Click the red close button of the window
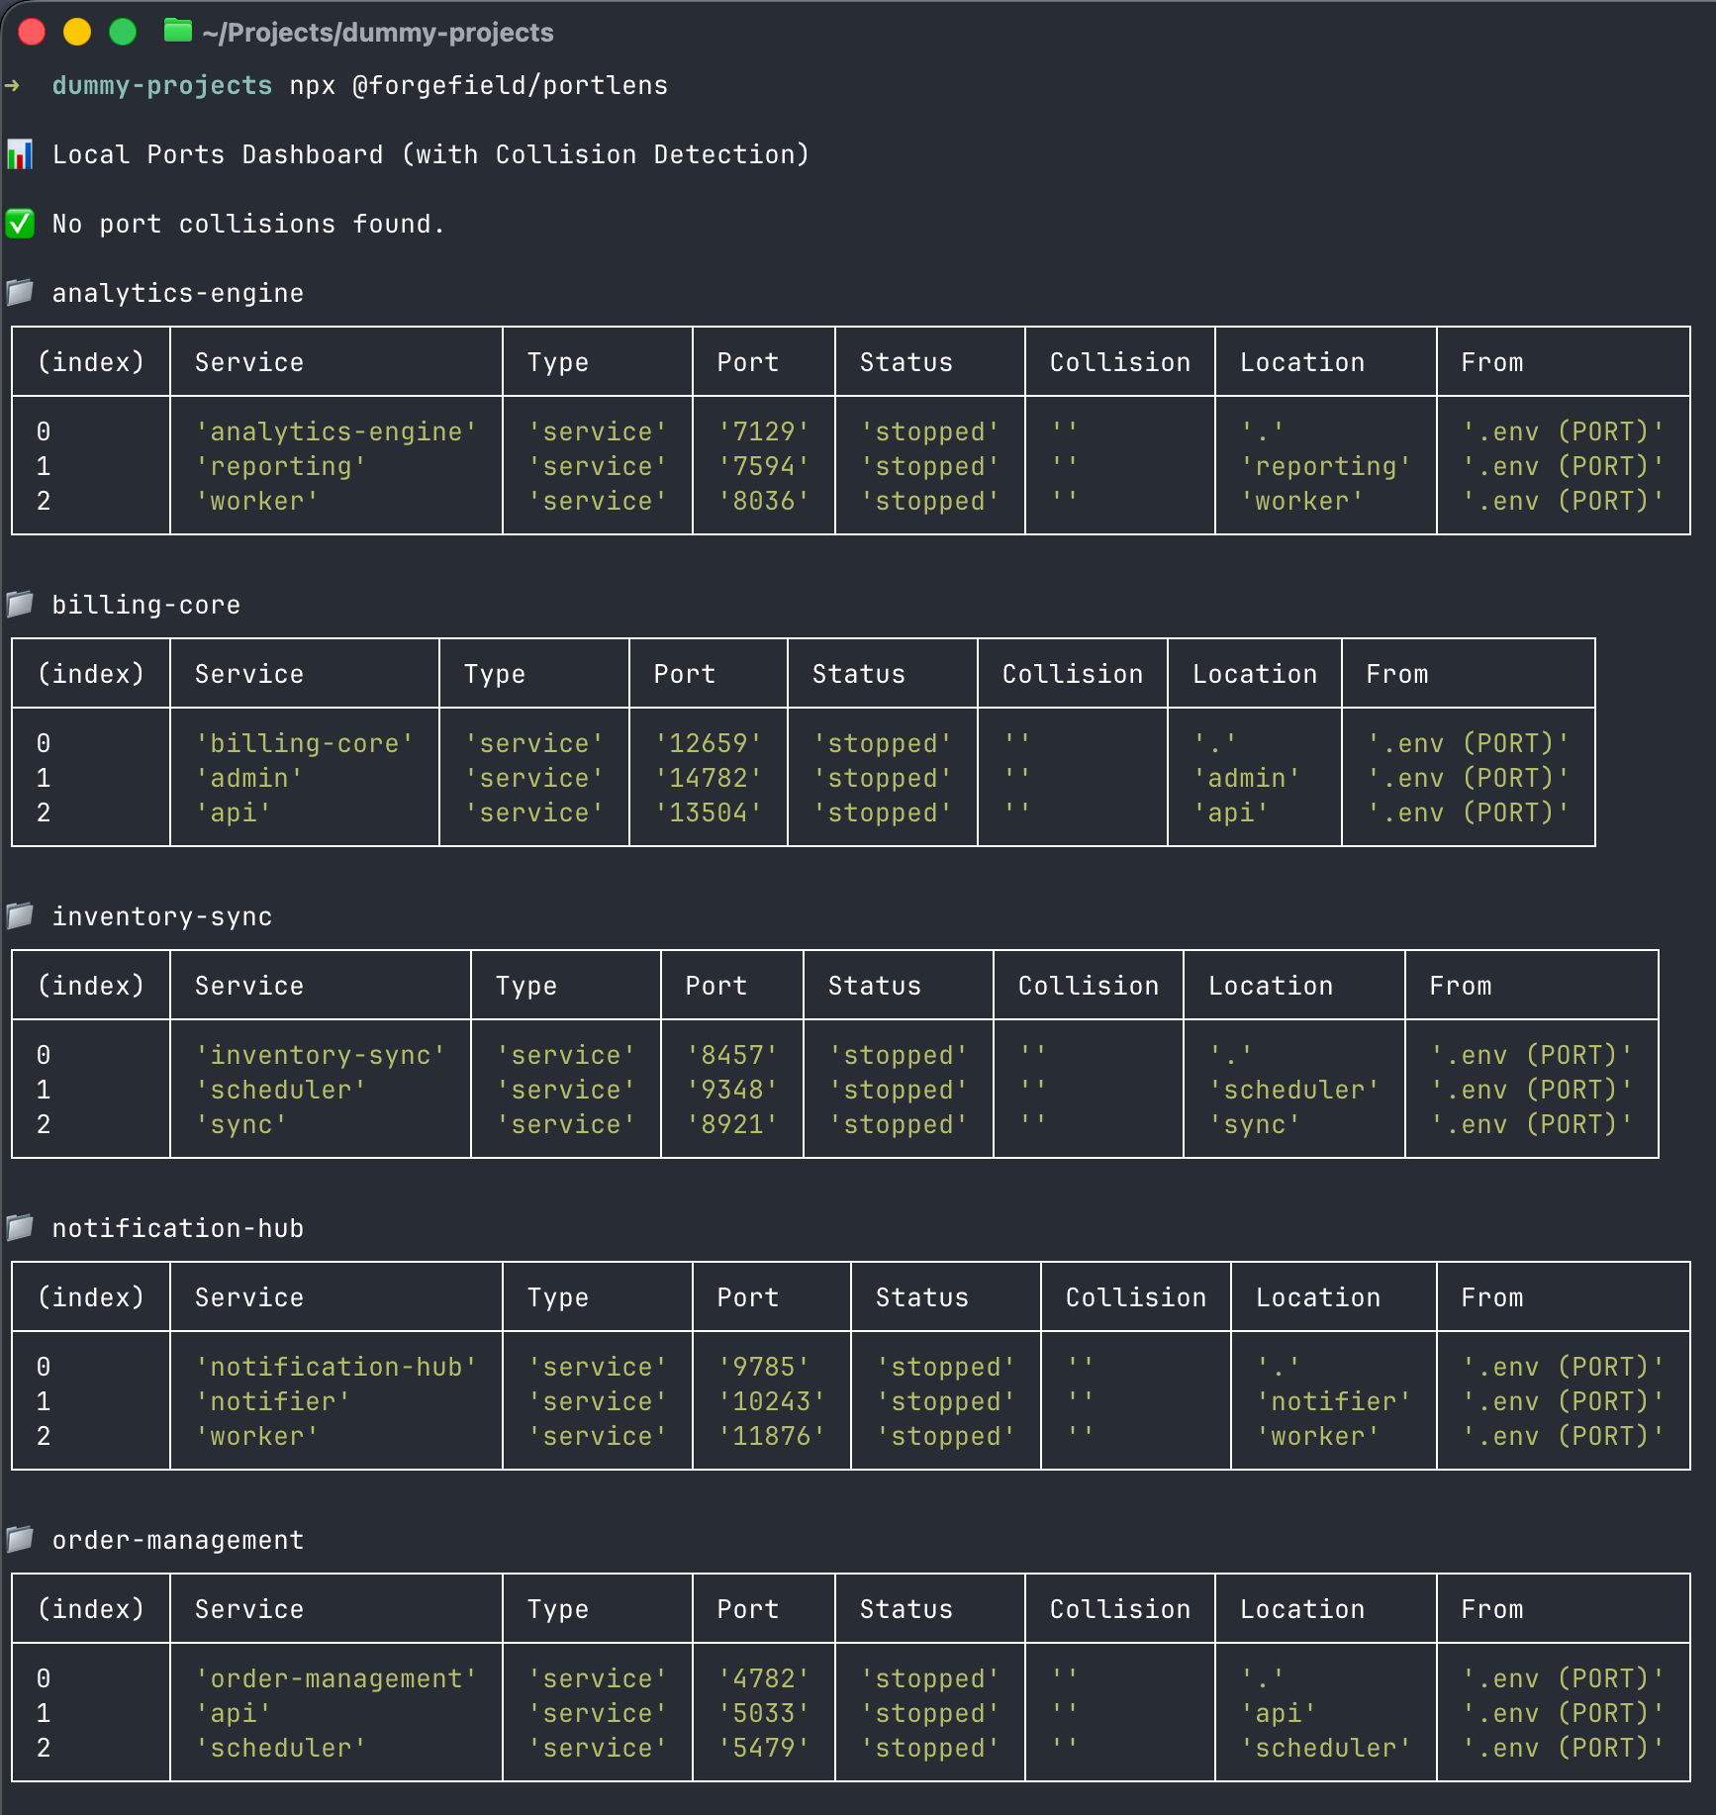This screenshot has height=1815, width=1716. pos(32,33)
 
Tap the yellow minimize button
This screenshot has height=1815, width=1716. pos(77,33)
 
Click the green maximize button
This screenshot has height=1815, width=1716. pos(123,33)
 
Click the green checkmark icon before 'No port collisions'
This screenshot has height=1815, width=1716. pos(20,224)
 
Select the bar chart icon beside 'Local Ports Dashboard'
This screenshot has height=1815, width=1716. pos(20,154)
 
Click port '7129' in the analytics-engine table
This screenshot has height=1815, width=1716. pos(763,431)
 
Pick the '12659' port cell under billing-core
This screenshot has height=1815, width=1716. pos(708,743)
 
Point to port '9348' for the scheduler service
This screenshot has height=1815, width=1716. pos(731,1090)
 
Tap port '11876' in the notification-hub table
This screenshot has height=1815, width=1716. pos(771,1436)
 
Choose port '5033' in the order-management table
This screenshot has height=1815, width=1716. pos(763,1713)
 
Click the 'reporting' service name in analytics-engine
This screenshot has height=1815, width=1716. pos(281,466)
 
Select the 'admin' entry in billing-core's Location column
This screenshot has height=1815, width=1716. pos(1246,778)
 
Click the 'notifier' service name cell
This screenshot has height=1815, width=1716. pos(273,1401)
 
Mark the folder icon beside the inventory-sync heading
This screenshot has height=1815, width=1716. pos(20,916)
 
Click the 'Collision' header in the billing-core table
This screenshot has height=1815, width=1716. pos(1072,674)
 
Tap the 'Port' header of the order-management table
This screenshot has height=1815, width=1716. pos(747,1609)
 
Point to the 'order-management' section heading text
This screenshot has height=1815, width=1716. pos(178,1540)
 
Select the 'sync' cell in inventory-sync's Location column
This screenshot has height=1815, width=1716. pos(1254,1124)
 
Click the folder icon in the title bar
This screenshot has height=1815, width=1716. pos(178,32)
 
